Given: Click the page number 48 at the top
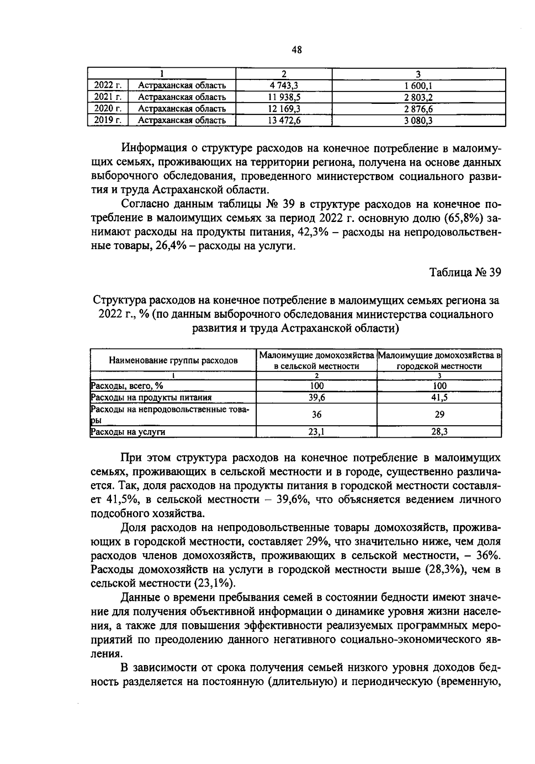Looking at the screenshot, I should point(296,50).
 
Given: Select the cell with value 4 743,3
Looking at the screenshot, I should point(284,86).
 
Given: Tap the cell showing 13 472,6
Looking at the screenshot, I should point(284,120).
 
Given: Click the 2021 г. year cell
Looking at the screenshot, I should point(108,97).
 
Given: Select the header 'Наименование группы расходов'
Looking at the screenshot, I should point(173,360).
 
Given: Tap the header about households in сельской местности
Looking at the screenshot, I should point(316,360).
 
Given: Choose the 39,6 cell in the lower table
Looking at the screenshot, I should point(316,398).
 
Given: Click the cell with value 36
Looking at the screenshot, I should point(316,415).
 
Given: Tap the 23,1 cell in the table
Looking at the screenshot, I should point(316,431).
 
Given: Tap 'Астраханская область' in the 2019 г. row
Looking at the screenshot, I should point(181,120).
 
